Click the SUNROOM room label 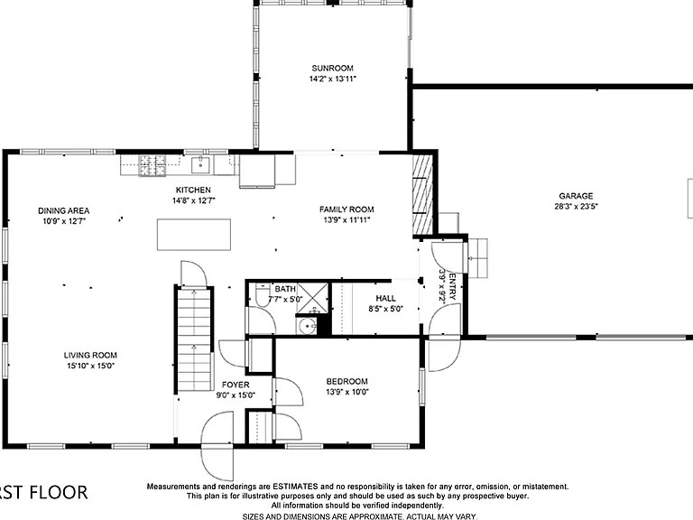click(x=332, y=68)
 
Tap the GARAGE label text click(x=576, y=196)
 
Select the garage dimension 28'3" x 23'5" click(x=576, y=207)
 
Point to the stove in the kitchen click(x=152, y=164)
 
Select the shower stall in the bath click(x=312, y=295)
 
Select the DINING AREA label click(x=63, y=211)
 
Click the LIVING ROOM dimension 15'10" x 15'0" click(x=89, y=366)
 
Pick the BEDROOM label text click(x=346, y=381)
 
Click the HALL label click(x=385, y=297)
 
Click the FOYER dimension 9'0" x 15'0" click(x=235, y=395)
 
